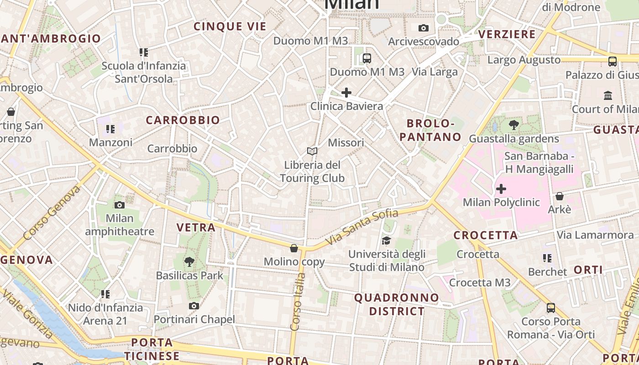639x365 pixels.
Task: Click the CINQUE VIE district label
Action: [230, 26]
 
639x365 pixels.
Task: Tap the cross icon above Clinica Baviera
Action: [346, 93]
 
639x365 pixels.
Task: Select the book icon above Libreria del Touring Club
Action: [312, 151]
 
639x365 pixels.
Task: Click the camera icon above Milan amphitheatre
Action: [120, 205]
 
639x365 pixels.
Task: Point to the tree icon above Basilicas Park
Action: [189, 262]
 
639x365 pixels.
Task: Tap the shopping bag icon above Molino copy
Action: [294, 248]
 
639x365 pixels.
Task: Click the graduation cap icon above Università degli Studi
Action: [387, 240]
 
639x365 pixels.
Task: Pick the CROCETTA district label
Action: [486, 235]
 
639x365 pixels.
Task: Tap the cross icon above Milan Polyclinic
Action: [501, 188]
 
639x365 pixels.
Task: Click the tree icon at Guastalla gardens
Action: [514, 125]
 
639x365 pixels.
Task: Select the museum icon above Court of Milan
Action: [608, 96]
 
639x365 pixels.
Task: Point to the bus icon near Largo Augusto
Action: [613, 61]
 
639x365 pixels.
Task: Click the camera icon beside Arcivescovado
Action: [424, 28]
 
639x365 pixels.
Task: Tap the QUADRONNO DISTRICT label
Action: [397, 304]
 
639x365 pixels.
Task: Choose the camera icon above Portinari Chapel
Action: [194, 306]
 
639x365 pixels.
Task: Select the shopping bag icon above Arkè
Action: [559, 196]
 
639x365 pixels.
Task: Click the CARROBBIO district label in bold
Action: [183, 120]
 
